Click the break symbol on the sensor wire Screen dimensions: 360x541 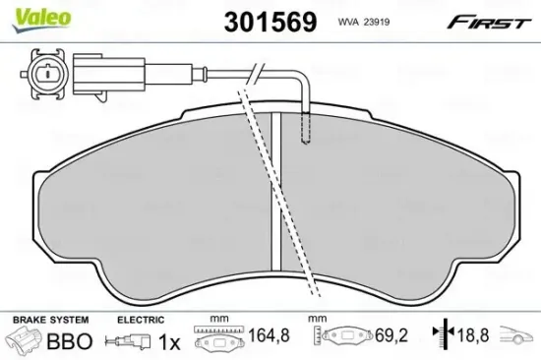(253, 73)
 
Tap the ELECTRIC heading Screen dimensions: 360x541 (138, 320)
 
